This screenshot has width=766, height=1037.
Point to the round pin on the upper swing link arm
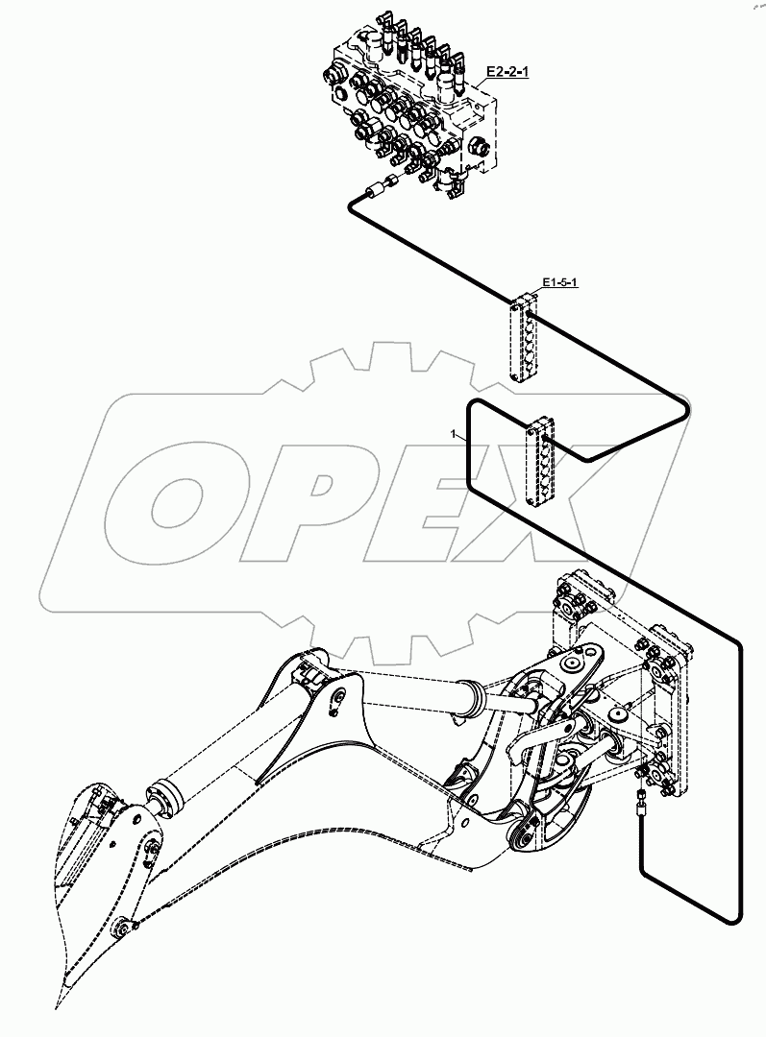tap(574, 663)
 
